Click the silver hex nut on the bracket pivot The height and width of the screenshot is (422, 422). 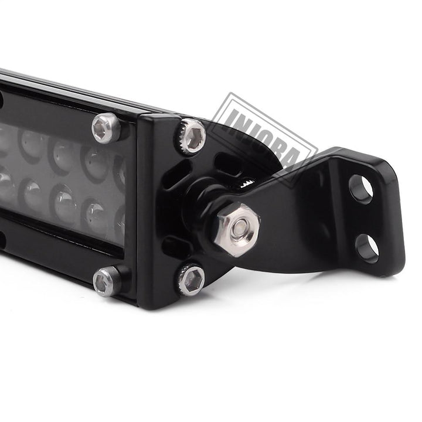point(237,230)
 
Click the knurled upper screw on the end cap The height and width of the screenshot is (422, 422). point(190,136)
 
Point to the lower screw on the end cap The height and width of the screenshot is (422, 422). point(191,279)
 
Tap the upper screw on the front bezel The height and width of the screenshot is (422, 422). point(105,128)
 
